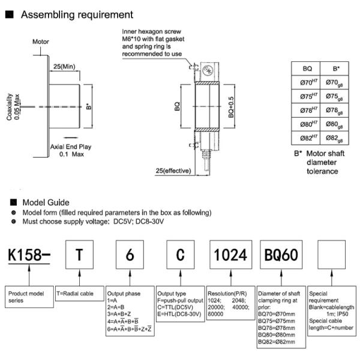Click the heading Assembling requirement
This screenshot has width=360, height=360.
(77, 14)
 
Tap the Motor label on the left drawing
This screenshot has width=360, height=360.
(41, 42)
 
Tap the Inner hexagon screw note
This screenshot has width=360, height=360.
(152, 41)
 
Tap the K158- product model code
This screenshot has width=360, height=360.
(28, 254)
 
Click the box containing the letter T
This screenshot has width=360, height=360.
(79, 255)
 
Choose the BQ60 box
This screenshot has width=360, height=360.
(280, 255)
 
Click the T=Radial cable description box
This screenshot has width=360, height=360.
(79, 294)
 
